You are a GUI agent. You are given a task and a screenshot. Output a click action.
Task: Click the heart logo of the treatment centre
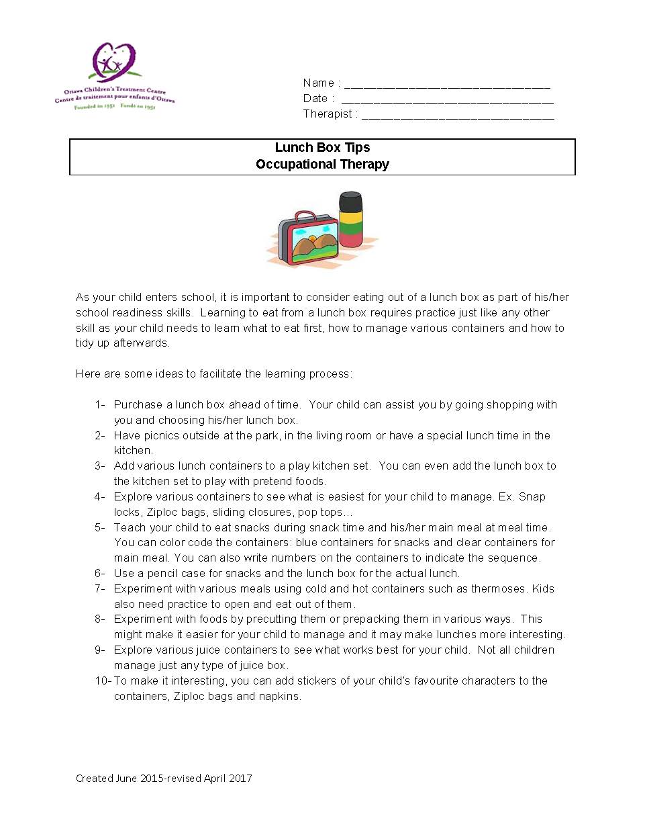tap(114, 62)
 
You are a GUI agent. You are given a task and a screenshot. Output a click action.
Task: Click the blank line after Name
tap(446, 87)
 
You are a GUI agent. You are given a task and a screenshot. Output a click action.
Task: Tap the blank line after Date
tap(447, 102)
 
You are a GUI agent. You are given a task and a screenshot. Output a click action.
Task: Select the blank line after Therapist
tap(458, 118)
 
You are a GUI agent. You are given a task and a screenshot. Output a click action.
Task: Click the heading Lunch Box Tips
tap(322, 148)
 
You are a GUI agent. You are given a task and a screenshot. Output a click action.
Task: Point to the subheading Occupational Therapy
tap(322, 165)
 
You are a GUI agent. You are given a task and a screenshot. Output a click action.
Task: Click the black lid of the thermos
tap(350, 201)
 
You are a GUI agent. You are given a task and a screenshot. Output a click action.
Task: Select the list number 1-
tap(100, 404)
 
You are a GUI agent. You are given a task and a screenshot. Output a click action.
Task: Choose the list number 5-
tap(100, 527)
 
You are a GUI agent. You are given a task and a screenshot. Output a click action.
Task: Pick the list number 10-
tap(103, 680)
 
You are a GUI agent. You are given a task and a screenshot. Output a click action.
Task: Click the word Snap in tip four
tap(532, 496)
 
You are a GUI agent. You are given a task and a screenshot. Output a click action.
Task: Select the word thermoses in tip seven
tap(499, 588)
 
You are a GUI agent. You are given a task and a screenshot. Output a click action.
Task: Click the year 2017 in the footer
tap(240, 778)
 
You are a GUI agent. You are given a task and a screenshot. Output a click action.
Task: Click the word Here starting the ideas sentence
tap(88, 373)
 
